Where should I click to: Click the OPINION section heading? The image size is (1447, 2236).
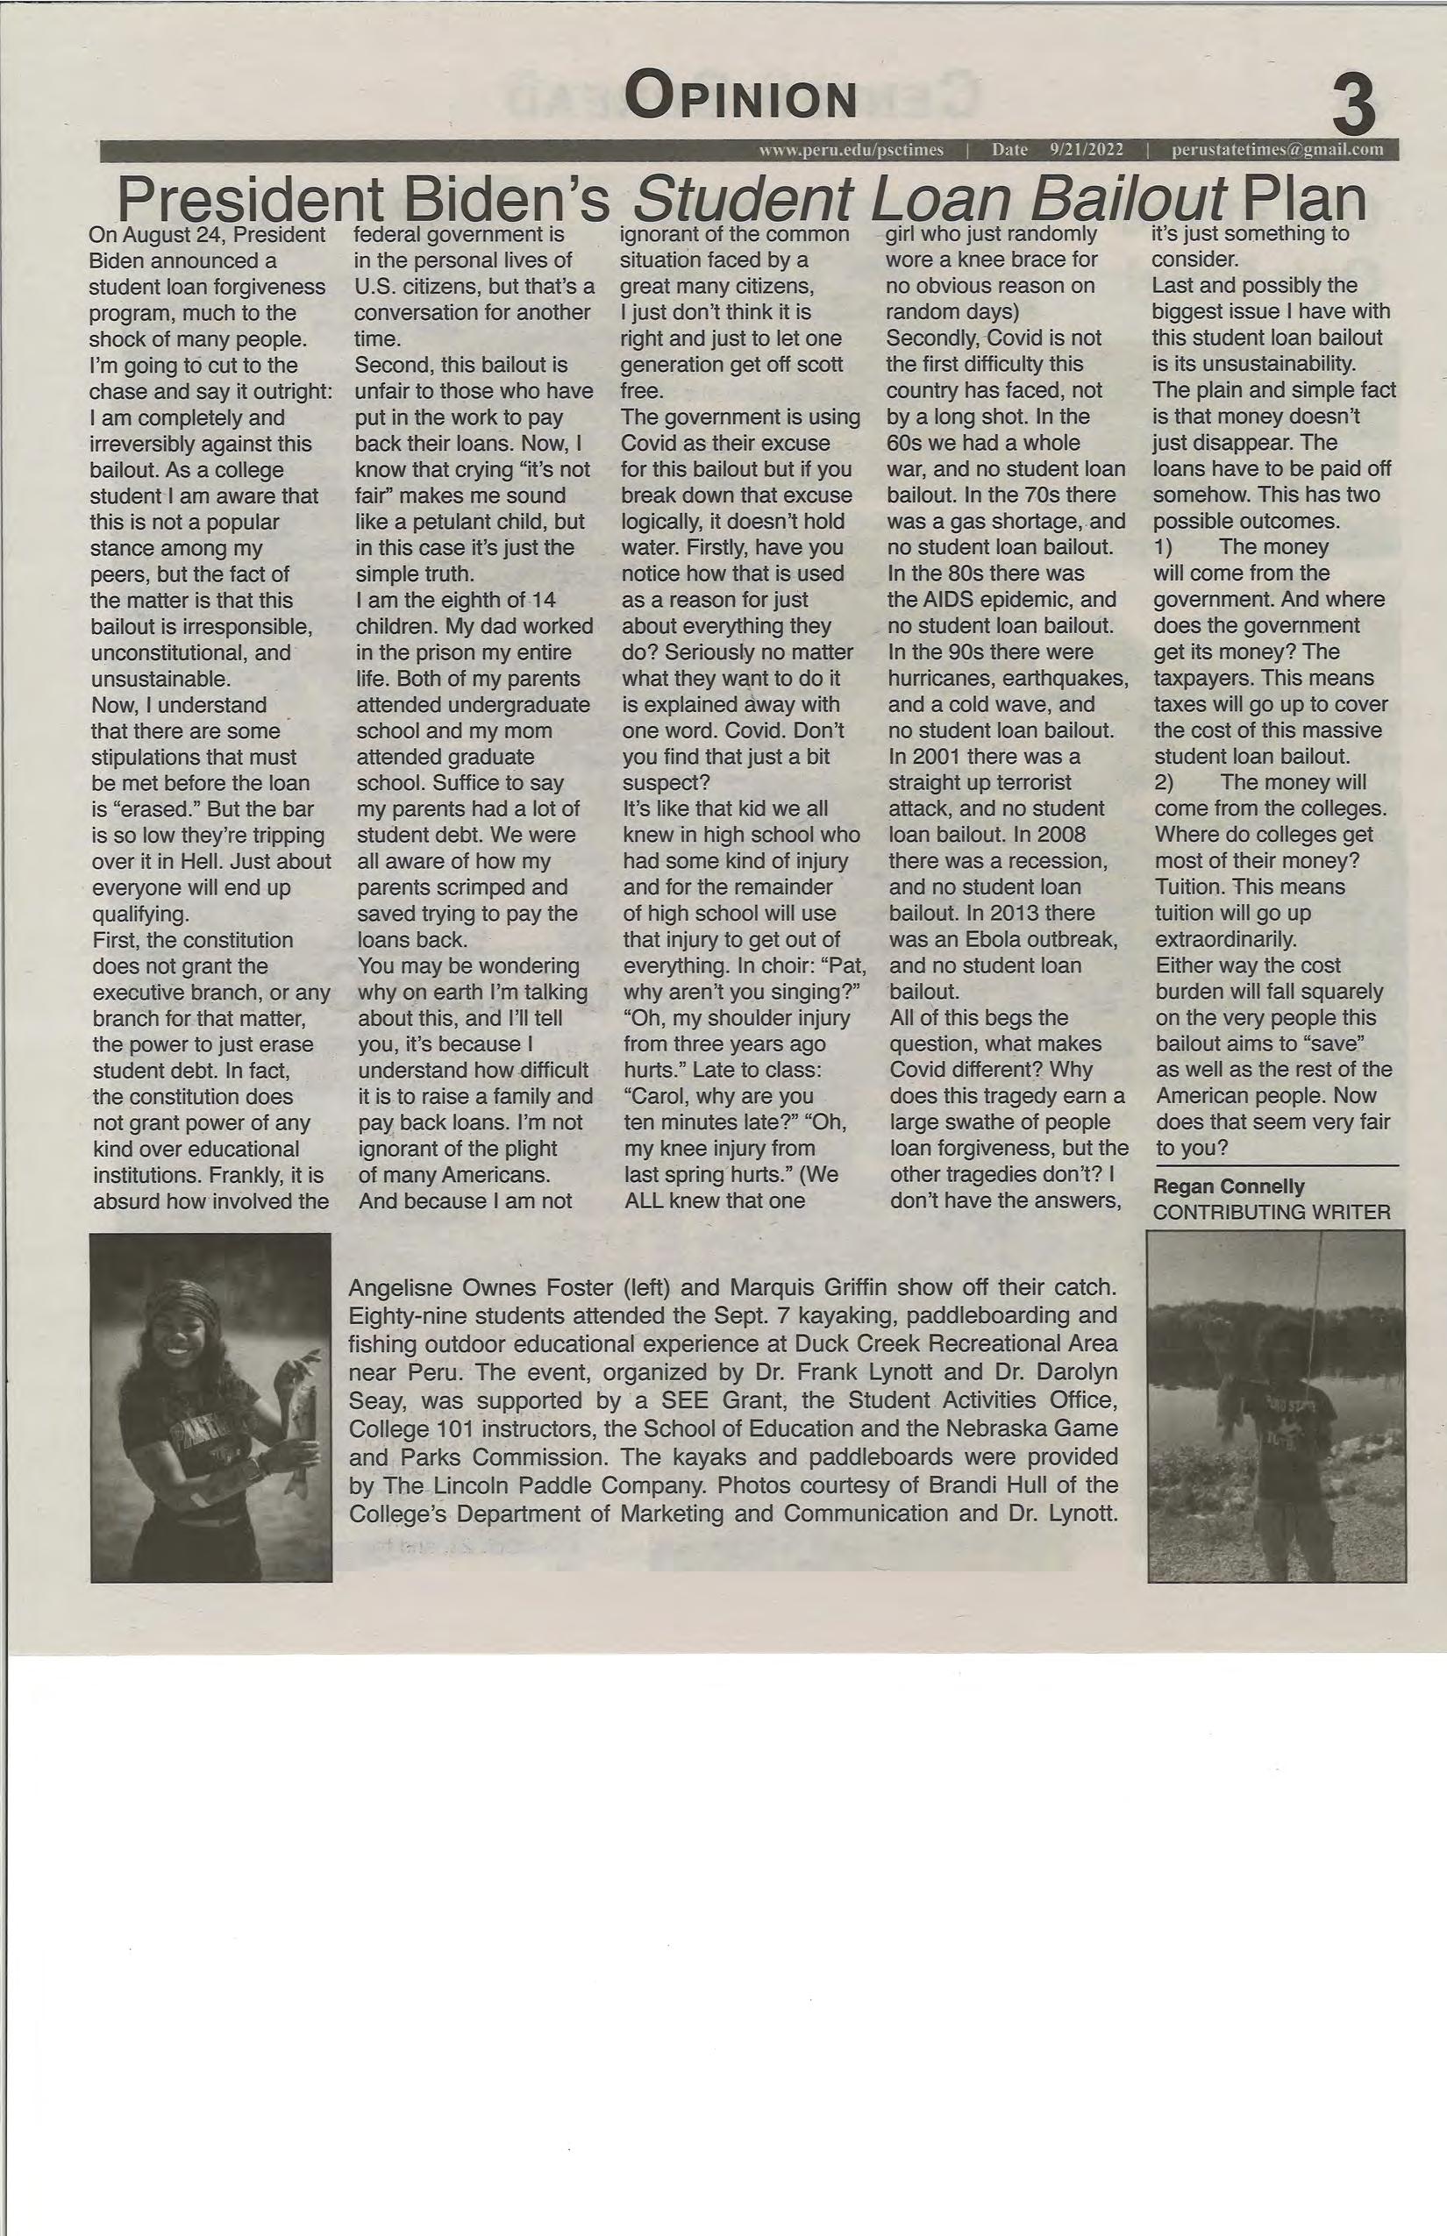(x=741, y=97)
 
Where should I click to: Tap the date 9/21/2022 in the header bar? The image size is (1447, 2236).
(x=1087, y=150)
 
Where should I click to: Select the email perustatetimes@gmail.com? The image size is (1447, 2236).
(x=1277, y=150)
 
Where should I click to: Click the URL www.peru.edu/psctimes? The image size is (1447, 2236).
(x=852, y=150)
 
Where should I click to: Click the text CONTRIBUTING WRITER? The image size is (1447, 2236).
(x=1272, y=1212)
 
